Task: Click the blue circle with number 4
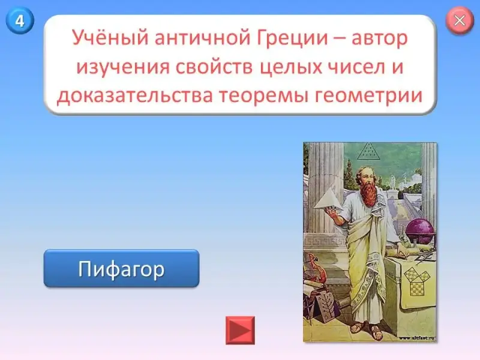coord(20,20)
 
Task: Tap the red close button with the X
coord(460,20)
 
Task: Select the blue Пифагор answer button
coord(122,268)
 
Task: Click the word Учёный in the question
coord(110,38)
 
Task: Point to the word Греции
coord(292,38)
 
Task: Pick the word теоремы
coord(264,95)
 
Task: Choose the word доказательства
coord(134,95)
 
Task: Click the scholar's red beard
coord(369,190)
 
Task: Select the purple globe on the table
coord(420,231)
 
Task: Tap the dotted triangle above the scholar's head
coord(368,151)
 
